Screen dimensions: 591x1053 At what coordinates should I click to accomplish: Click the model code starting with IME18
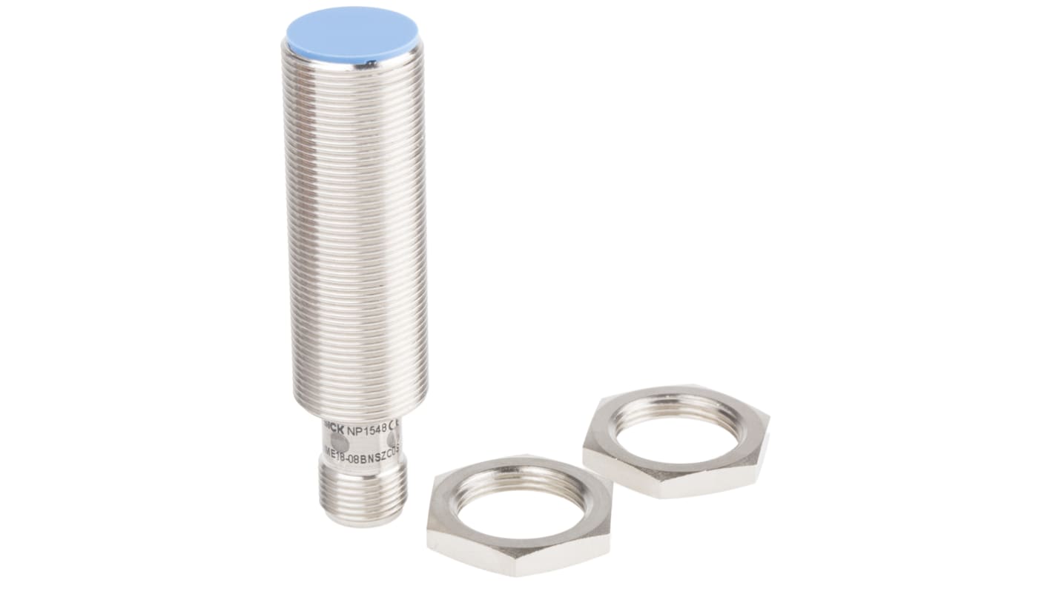[x=363, y=448]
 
